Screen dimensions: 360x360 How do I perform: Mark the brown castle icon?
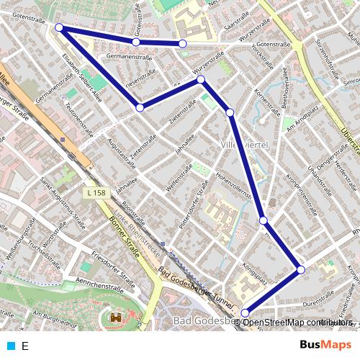[x=115, y=318]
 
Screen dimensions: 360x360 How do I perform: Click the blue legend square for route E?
[x=11, y=346]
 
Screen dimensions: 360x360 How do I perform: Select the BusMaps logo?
[x=325, y=345]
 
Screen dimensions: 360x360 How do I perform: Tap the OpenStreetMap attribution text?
[x=297, y=322]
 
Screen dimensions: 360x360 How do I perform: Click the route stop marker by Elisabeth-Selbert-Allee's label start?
[x=59, y=28]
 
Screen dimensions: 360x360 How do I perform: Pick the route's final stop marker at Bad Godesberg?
[x=246, y=312]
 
